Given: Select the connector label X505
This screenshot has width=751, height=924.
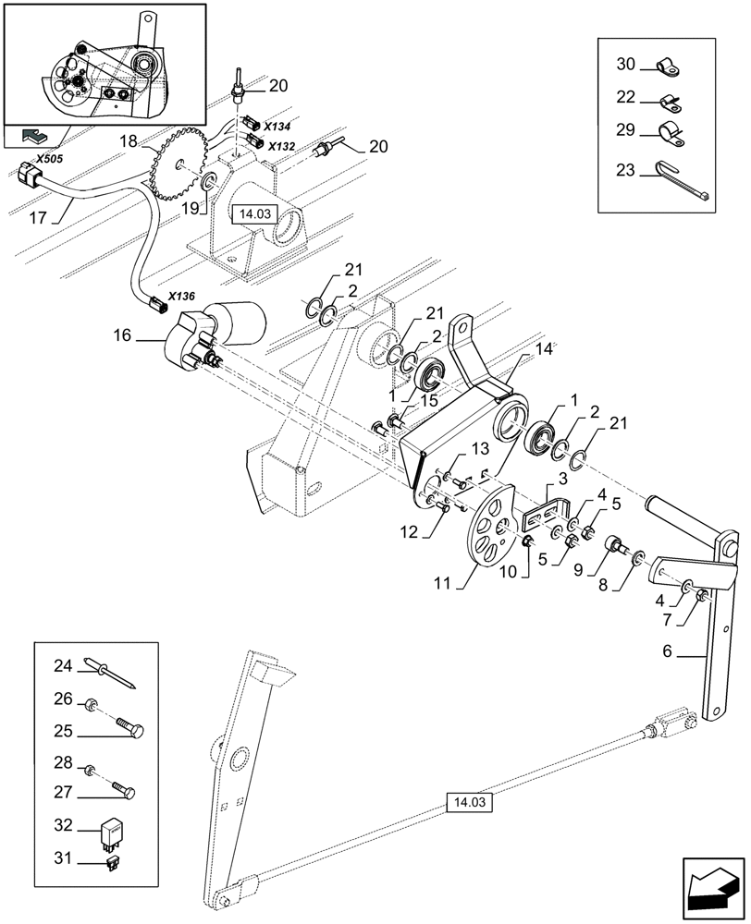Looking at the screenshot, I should click(49, 159).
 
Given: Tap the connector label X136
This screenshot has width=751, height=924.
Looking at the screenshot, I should click(182, 297).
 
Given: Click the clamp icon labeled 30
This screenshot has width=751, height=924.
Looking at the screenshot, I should click(666, 66).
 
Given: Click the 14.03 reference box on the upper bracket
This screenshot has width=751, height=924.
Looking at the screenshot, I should click(253, 213).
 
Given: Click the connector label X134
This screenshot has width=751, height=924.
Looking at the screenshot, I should click(277, 125).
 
